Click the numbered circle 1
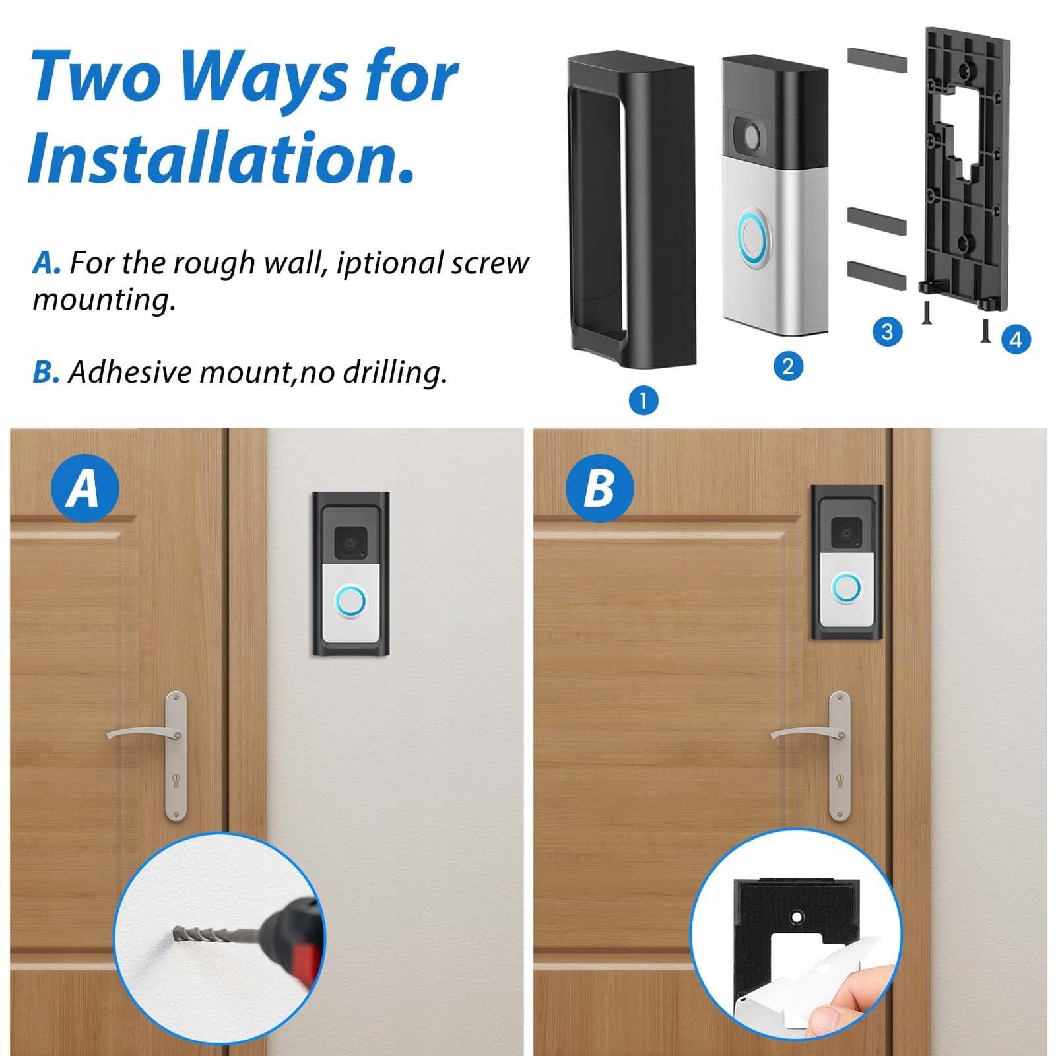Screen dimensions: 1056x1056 coord(644,400)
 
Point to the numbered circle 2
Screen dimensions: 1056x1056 coord(787,366)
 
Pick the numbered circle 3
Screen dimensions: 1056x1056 coord(887,331)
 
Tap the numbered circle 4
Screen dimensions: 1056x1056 coord(1016,339)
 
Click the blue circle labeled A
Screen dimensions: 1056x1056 coord(85,488)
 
